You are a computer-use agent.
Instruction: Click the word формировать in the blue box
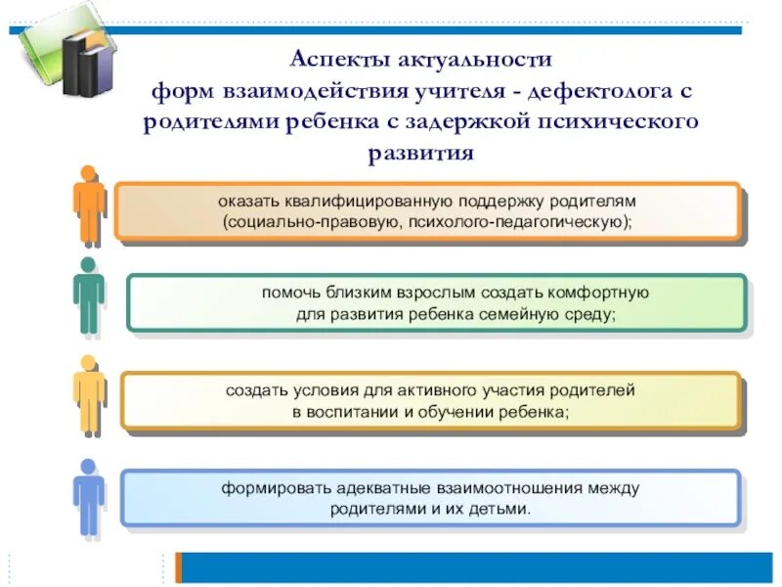270,487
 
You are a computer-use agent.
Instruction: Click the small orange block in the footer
179,567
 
